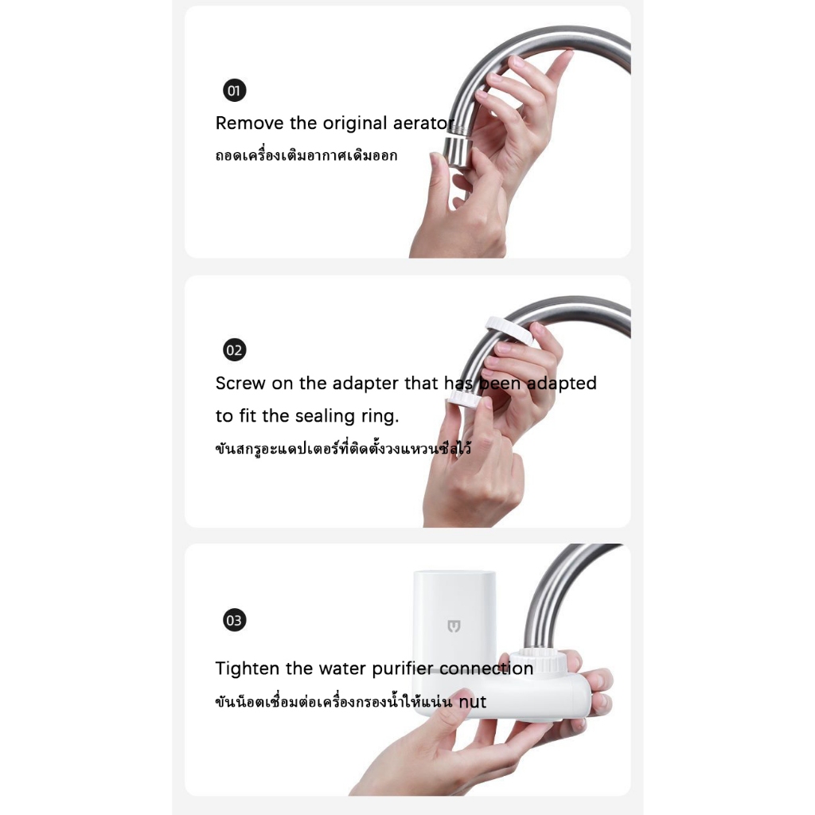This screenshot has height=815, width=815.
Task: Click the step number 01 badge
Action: pyautogui.click(x=235, y=91)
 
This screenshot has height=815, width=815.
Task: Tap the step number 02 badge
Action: pyautogui.click(x=235, y=350)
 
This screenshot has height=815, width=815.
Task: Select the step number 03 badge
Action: pyautogui.click(x=235, y=620)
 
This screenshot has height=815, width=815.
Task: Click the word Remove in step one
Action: pyautogui.click(x=250, y=123)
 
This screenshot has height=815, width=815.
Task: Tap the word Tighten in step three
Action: pyautogui.click(x=248, y=668)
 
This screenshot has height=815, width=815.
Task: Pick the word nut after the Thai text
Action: pyautogui.click(x=472, y=702)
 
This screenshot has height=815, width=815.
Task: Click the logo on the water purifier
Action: pyautogui.click(x=454, y=626)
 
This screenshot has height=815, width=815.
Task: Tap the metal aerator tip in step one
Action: pyautogui.click(x=458, y=151)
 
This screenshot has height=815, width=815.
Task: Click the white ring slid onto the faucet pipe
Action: pyautogui.click(x=512, y=331)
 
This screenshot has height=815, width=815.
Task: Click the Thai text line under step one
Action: pyautogui.click(x=306, y=155)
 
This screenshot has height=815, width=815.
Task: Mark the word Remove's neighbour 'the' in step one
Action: pyautogui.click(x=303, y=123)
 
